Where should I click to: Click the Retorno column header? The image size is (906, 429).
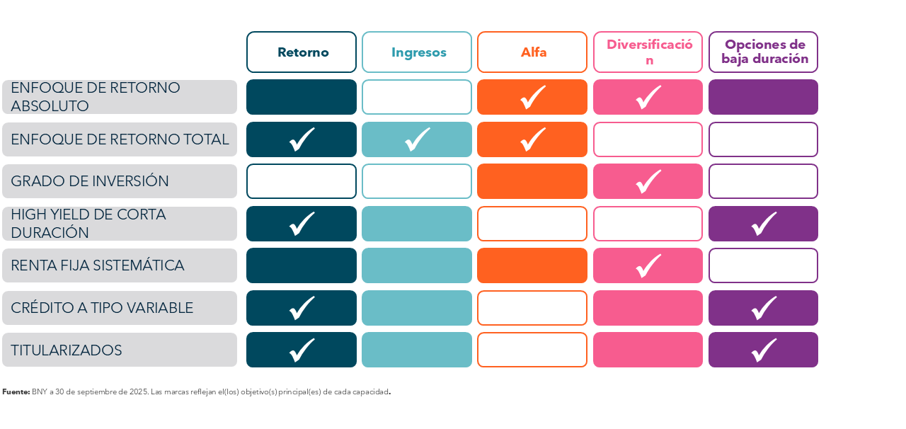tap(302, 52)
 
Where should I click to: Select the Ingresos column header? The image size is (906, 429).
tap(417, 52)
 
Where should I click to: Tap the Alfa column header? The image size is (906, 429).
tap(532, 52)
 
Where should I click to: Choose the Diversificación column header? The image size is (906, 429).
tap(648, 52)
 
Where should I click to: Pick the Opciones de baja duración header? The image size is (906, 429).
tap(763, 52)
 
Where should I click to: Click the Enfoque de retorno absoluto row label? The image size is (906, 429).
tap(119, 97)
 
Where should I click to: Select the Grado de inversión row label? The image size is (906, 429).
tap(119, 181)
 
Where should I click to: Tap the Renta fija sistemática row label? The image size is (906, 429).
tap(119, 265)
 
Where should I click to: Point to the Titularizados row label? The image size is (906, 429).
tap(119, 350)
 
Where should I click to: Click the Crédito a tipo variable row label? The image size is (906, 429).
tap(119, 308)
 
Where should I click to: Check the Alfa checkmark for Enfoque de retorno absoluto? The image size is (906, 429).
tap(532, 97)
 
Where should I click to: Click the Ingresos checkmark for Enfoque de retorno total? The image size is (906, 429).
tap(417, 139)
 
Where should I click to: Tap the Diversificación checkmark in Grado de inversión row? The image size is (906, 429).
tap(648, 181)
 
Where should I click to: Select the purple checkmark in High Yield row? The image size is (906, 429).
tap(763, 224)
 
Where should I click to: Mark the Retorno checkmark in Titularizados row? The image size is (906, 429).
tap(302, 350)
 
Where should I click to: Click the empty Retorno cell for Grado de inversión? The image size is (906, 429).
tap(302, 181)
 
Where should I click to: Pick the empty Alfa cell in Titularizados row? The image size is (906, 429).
tap(532, 350)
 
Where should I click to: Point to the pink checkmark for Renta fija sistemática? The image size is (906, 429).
tap(648, 265)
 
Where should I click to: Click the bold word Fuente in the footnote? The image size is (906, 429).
tap(16, 391)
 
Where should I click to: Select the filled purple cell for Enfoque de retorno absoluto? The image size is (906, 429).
tap(763, 97)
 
